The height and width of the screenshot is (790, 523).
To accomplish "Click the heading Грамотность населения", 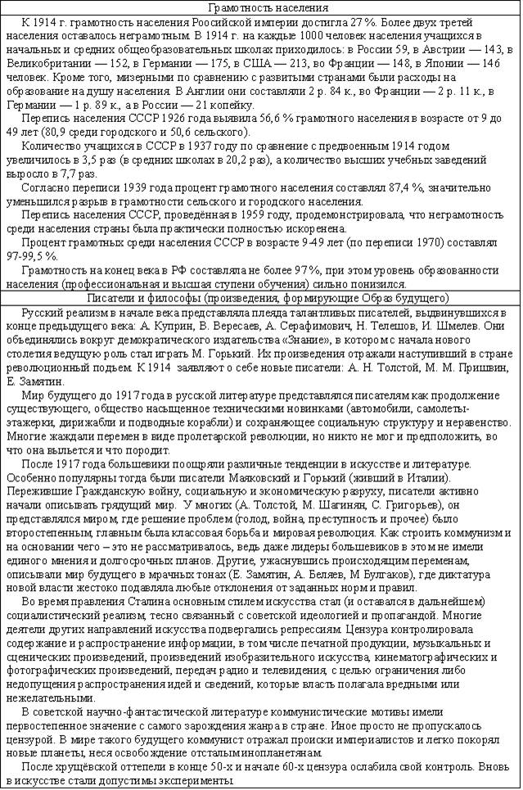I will coord(260,7).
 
